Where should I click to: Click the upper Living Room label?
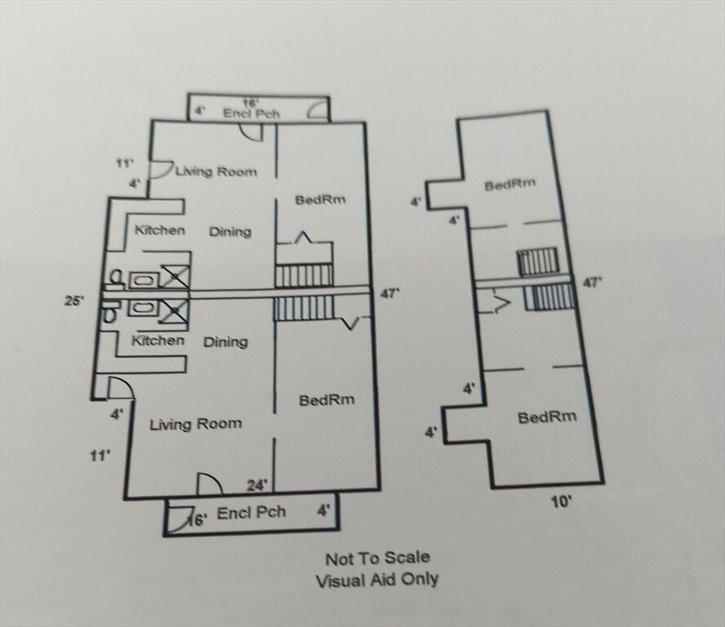pyautogui.click(x=216, y=172)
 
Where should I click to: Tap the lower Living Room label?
pyautogui.click(x=196, y=424)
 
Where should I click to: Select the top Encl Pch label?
pyautogui.click(x=251, y=113)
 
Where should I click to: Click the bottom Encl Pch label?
pyautogui.click(x=251, y=513)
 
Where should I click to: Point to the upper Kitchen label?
pyautogui.click(x=160, y=229)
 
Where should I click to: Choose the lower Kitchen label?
pyautogui.click(x=158, y=340)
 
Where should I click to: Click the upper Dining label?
pyautogui.click(x=230, y=231)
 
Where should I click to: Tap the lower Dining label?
pyautogui.click(x=225, y=342)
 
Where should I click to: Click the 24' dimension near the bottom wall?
pyautogui.click(x=257, y=485)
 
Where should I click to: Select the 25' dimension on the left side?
pyautogui.click(x=74, y=300)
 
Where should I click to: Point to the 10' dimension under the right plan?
pyautogui.click(x=562, y=501)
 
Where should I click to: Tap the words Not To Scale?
pyautogui.click(x=378, y=558)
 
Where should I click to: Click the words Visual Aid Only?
pyautogui.click(x=377, y=580)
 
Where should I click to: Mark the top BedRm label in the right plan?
pyautogui.click(x=510, y=185)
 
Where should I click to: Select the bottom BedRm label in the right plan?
pyautogui.click(x=548, y=417)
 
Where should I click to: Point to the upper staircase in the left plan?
pyautogui.click(x=304, y=276)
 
